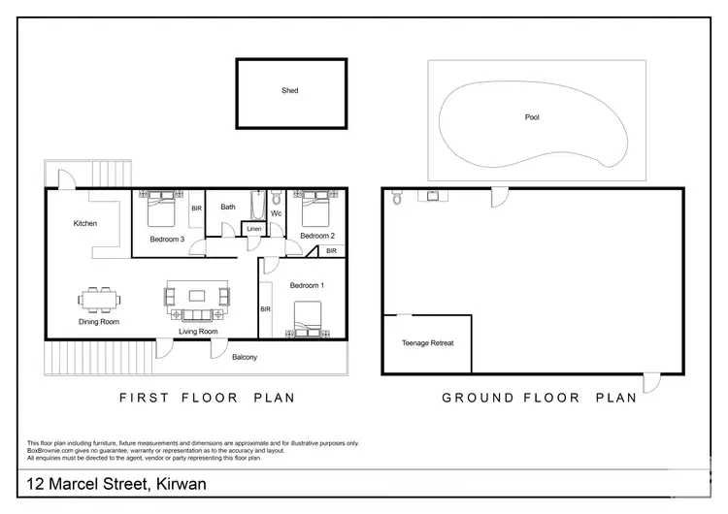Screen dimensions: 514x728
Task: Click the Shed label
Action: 290,90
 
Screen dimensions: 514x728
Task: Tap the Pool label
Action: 532,117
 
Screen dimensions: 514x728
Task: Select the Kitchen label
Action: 85,224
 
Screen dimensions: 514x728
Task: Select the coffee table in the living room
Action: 198,295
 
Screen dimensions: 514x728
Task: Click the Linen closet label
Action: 254,229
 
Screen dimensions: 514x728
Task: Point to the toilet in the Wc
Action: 276,198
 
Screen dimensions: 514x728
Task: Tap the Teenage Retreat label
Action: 427,343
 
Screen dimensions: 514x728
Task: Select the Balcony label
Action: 245,358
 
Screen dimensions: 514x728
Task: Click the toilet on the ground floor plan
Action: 396,199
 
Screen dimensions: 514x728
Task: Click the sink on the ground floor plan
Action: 432,196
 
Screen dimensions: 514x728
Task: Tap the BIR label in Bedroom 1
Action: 265,309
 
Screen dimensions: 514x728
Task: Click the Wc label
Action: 276,213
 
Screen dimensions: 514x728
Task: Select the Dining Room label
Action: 98,322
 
